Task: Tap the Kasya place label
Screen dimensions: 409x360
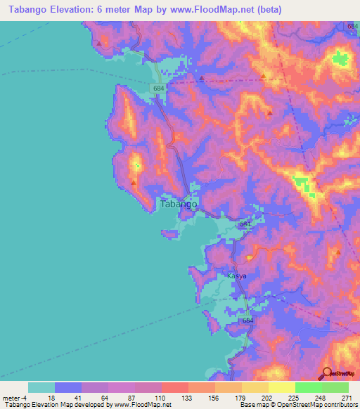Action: point(236,276)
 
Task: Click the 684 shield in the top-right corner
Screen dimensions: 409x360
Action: point(352,25)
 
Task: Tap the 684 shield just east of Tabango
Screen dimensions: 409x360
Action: point(244,224)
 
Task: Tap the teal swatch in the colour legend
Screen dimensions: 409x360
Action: point(41,387)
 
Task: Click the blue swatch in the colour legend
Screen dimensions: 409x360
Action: point(68,387)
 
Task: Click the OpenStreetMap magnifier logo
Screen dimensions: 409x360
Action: point(328,372)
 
